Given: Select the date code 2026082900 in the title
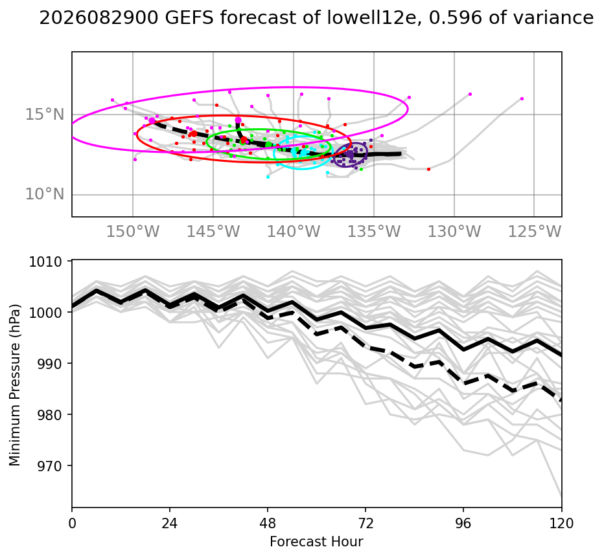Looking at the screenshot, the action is coord(99,17).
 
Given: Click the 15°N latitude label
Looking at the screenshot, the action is coord(45,115).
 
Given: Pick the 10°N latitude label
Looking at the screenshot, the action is coord(45,195).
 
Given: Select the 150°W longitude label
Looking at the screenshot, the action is coord(133,232).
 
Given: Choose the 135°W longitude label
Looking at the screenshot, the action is coord(374,232).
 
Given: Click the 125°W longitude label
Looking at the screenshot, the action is coord(535,232).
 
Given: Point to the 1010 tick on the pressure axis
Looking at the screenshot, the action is coord(45,262).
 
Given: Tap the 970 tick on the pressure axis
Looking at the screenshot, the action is coord(49,465).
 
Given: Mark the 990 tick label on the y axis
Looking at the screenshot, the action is coord(49,363).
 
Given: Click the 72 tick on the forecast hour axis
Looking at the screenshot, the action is coord(366,523).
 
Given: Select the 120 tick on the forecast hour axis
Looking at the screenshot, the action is coord(562,523).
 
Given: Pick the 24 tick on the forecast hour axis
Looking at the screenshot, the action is coord(170,523).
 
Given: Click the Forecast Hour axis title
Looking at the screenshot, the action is coord(316,542).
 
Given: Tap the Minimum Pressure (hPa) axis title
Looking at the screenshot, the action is coord(15,385).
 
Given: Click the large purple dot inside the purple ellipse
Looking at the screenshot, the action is coord(350,154).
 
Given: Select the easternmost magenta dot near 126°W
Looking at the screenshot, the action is coord(522,99).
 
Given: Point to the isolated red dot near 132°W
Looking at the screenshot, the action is coord(429,169).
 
